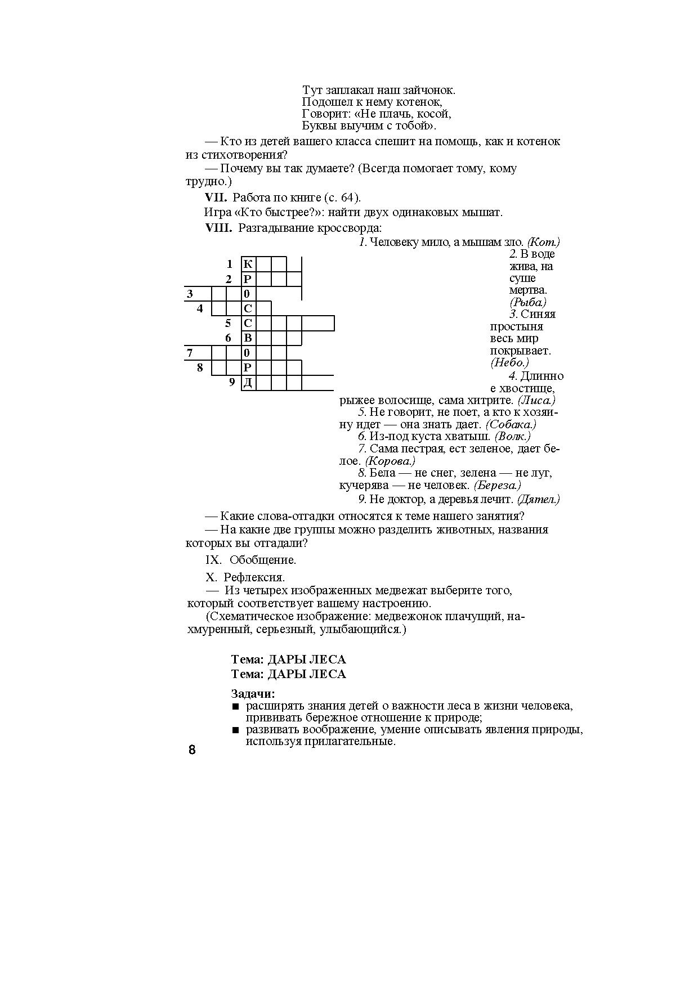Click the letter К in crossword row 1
tap(248, 264)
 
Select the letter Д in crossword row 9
tap(248, 383)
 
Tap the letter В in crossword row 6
tap(248, 338)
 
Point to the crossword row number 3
tap(190, 294)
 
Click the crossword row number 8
tap(200, 368)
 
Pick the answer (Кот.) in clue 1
tap(543, 243)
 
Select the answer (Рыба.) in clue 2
tap(528, 302)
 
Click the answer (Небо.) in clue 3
tap(510, 363)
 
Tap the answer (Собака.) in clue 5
tap(511, 424)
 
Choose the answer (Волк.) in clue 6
tap(512, 436)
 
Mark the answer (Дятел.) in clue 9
tap(538, 499)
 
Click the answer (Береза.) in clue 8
tap(497, 485)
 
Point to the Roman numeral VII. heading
tap(216, 198)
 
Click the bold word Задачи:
tap(253, 694)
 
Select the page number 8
tap(192, 750)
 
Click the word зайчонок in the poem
tap(430, 90)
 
